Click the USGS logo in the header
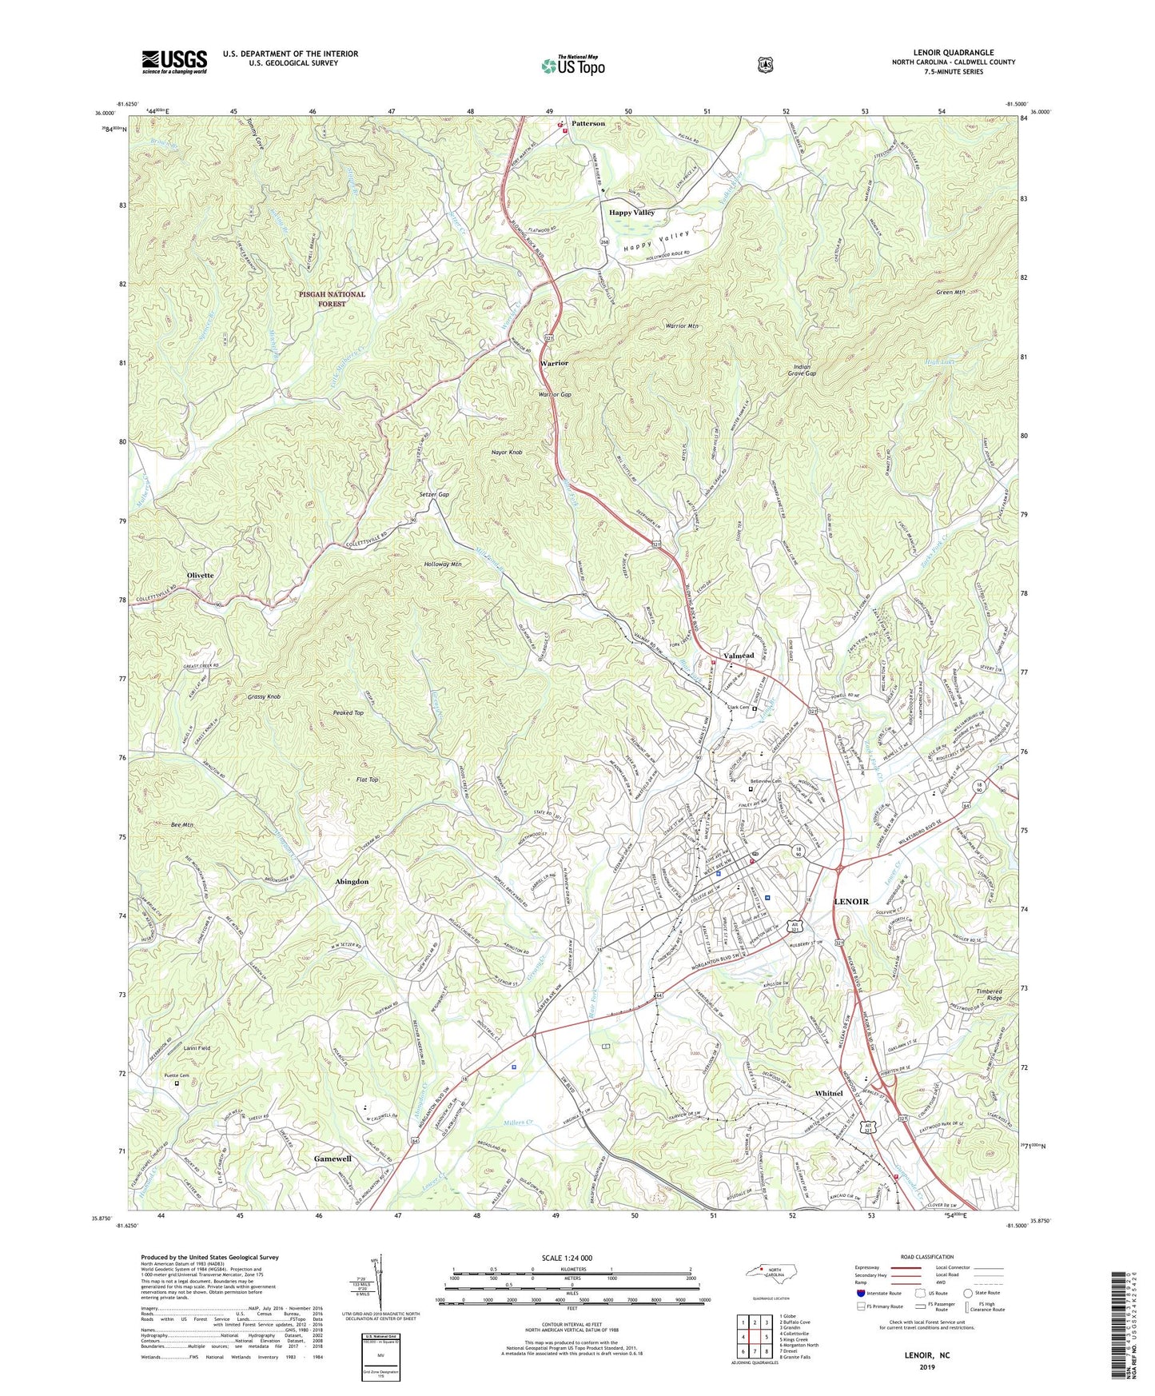(x=174, y=62)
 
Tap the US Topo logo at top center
(x=571, y=66)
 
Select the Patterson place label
(x=588, y=124)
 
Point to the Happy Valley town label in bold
(x=631, y=213)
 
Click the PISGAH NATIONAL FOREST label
(x=332, y=299)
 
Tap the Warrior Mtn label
(x=682, y=326)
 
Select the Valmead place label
(x=739, y=656)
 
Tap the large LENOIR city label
(x=851, y=901)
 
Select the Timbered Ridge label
(x=989, y=995)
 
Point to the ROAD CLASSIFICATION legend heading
(x=926, y=1257)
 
